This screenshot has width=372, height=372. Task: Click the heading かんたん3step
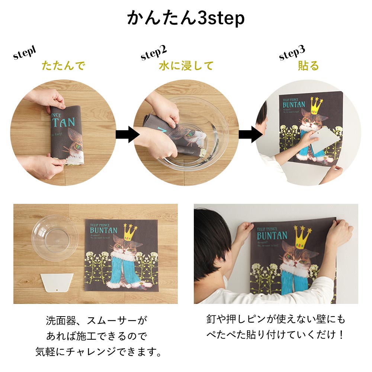click(186, 18)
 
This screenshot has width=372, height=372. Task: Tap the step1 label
click(25, 53)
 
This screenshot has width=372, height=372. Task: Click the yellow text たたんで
click(63, 66)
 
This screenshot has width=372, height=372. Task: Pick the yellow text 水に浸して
click(186, 66)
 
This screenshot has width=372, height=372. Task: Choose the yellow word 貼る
click(308, 66)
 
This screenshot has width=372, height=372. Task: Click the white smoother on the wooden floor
click(57, 283)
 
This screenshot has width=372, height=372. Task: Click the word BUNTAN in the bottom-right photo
click(272, 235)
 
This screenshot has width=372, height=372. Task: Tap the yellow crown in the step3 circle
click(316, 107)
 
